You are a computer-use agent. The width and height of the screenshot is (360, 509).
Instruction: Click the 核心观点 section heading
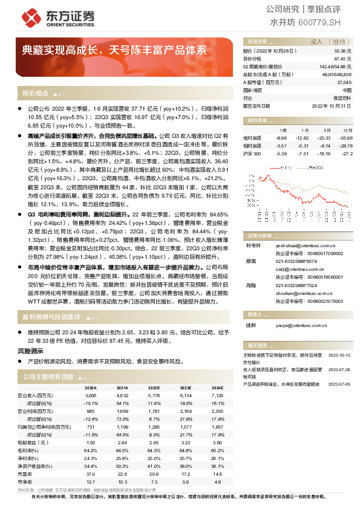[36, 94]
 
